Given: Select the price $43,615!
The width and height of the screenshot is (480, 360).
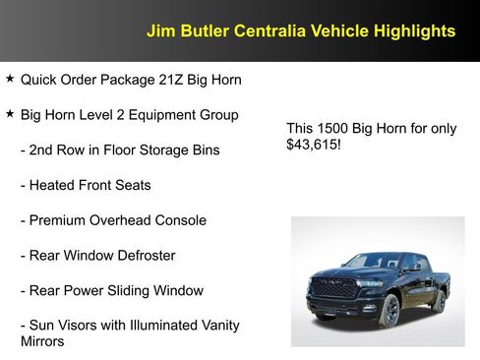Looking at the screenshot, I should [x=313, y=145].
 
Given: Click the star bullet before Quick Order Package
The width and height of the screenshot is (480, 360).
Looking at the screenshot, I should [x=10, y=78].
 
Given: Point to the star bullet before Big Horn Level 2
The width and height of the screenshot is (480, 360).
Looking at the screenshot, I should [x=10, y=113].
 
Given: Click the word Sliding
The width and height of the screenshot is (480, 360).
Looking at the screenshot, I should [x=148, y=291].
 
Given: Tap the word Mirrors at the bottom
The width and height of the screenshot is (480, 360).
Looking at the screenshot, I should [x=42, y=341].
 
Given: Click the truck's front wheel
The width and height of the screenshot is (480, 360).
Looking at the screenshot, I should [x=390, y=311].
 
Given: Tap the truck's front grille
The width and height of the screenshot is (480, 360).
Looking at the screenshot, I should [x=334, y=288].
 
